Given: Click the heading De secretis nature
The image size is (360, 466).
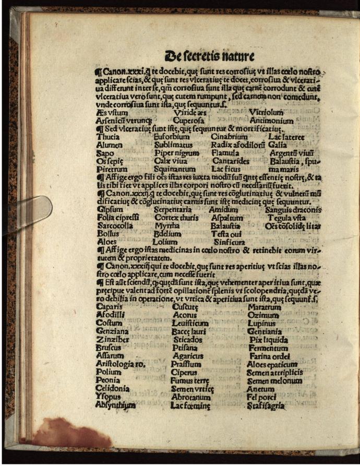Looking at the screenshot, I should (210, 55).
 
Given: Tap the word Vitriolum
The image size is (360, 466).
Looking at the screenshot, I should (266, 112).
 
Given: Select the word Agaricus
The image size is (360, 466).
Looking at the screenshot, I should (187, 356).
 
